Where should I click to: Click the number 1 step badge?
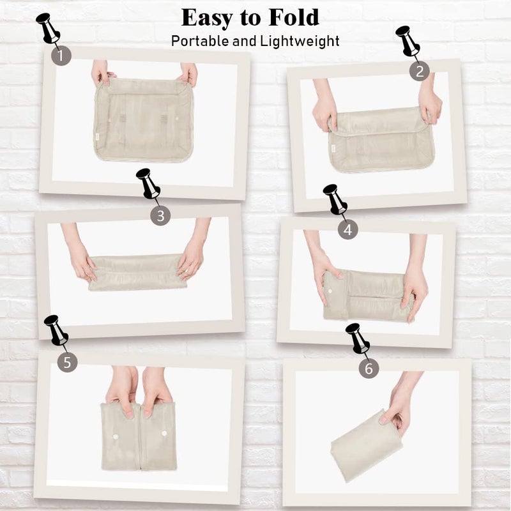tap(61, 56)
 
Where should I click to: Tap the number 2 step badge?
tap(420, 70)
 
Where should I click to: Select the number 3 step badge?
tap(160, 215)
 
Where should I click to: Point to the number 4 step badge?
tap(347, 229)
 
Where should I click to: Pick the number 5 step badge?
tap(68, 362)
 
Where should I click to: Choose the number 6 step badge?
tap(369, 369)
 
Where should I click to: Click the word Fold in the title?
tap(294, 17)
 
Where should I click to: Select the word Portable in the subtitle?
tap(200, 42)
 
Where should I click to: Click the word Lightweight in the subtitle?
tap(300, 42)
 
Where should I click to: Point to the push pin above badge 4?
tap(335, 199)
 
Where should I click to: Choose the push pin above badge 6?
tap(358, 339)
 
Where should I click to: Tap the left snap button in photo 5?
tap(114, 436)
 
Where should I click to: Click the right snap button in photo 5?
tap(164, 434)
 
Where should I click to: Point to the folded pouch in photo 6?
tap(367, 446)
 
